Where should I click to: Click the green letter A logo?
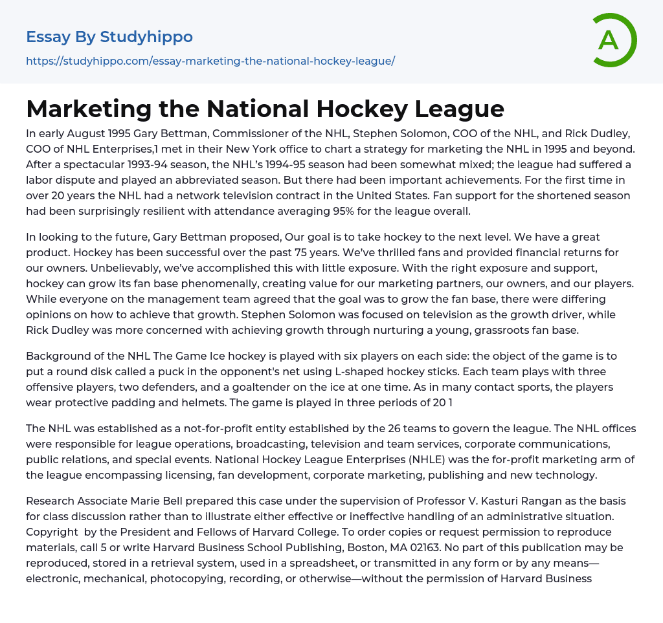(614, 40)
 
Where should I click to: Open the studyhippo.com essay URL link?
(210, 61)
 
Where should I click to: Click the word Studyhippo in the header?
(146, 37)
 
